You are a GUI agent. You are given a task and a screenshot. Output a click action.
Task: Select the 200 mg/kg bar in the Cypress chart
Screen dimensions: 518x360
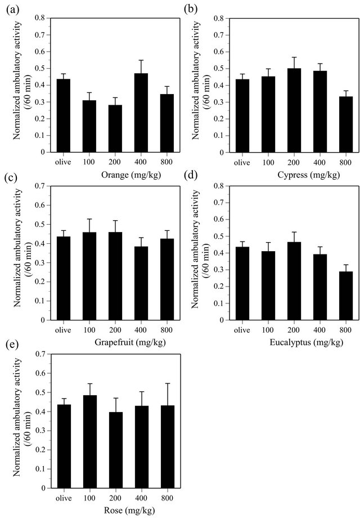pos(294,110)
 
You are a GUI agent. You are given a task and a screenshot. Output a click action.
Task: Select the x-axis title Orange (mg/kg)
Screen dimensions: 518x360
pos(108,176)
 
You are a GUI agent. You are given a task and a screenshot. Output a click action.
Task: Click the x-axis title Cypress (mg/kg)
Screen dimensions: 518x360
pos(286,176)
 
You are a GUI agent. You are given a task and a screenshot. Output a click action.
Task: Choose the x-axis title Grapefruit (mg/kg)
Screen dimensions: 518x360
pos(107,343)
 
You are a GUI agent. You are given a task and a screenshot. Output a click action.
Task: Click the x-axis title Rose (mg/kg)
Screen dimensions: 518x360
pos(108,511)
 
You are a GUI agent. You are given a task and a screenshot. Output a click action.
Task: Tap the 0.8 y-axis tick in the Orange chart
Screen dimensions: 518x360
pos(39,18)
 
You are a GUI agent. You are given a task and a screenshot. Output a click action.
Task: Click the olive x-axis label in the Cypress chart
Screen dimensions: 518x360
pos(241,162)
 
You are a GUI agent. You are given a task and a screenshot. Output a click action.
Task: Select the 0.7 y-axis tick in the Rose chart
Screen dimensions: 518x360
pos(39,354)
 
